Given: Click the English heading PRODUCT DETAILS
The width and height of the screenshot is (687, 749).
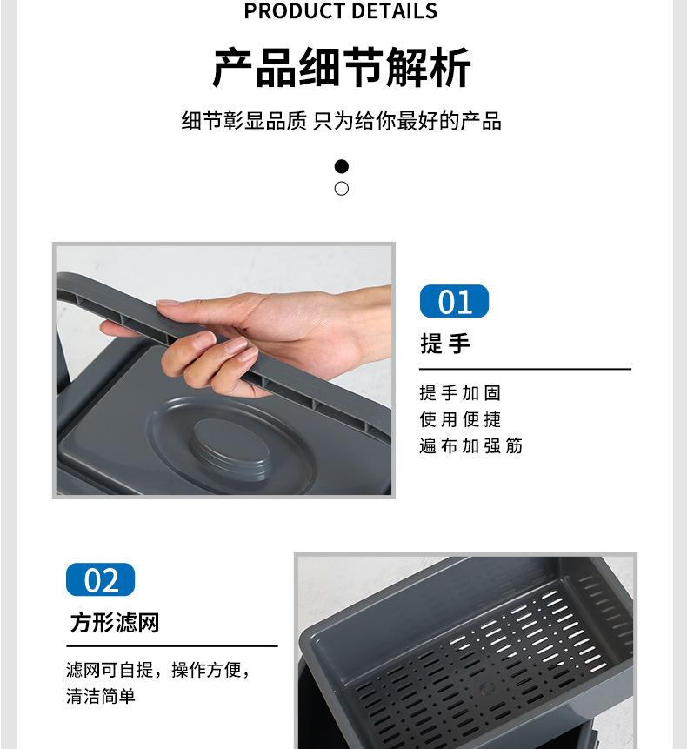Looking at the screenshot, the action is coord(340,10).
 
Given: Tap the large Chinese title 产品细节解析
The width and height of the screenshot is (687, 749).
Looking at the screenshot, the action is coord(342,67).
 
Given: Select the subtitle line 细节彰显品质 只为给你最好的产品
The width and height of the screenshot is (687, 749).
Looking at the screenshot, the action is coord(342,121).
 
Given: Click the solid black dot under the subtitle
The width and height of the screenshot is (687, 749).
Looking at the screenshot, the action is coord(342,166).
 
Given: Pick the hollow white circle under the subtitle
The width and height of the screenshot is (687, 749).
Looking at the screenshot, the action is coord(342,189).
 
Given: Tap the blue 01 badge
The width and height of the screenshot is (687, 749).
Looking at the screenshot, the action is coord(454,301).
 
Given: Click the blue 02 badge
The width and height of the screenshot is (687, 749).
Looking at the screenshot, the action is coord(100,580).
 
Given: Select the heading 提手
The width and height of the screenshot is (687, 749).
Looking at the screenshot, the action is coord(445,344).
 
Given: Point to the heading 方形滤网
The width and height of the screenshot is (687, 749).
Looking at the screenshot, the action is coord(115,623).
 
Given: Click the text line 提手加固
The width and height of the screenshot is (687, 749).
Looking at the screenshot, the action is coord(460,393).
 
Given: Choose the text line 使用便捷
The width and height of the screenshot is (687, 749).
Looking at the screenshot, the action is coord(460,419).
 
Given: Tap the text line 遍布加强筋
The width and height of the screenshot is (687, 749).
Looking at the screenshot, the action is coord(470,445).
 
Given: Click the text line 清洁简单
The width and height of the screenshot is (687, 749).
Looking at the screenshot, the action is coord(101,696).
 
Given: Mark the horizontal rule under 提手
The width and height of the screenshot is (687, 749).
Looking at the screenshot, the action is coord(525,369).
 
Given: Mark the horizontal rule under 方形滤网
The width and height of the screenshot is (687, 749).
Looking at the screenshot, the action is coord(172,646).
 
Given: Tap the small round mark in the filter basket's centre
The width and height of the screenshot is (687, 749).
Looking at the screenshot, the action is coord(486,688).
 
